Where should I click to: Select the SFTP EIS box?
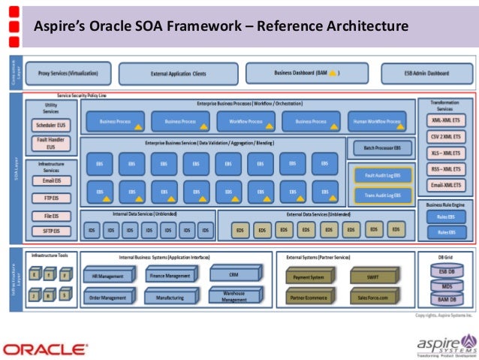[51, 231]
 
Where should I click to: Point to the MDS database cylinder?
[446, 286]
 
